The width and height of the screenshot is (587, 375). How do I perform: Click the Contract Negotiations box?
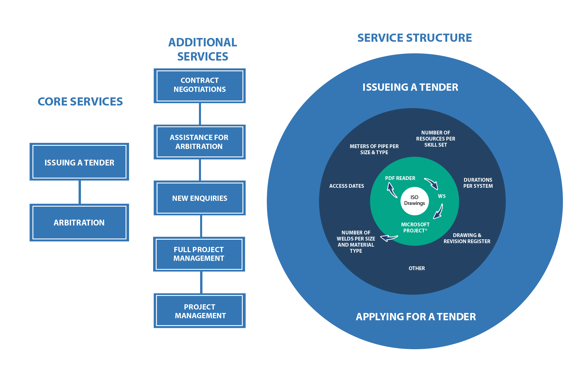click(200, 85)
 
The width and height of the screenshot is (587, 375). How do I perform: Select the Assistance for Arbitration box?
click(200, 142)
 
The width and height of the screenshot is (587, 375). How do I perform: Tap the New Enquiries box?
click(200, 198)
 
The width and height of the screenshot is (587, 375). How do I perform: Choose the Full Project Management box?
click(199, 254)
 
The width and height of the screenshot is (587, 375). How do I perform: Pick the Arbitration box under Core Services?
click(79, 223)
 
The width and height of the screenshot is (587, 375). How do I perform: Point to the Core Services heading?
click(80, 101)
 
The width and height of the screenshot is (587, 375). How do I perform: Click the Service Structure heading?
click(414, 38)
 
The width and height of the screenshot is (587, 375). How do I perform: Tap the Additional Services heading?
click(202, 49)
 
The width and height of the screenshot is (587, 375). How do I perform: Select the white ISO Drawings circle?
click(414, 201)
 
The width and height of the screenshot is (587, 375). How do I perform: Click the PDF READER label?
click(400, 178)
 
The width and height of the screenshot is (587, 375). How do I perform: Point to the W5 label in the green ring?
click(442, 196)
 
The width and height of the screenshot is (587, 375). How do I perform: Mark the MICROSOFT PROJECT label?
click(415, 227)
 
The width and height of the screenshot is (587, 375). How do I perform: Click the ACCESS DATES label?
click(347, 186)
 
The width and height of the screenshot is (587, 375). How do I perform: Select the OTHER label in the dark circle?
click(416, 268)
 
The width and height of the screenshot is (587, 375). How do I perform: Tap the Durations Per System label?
click(478, 183)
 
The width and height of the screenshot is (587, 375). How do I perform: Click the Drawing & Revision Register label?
click(467, 238)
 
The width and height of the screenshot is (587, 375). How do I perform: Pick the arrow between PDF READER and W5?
click(431, 183)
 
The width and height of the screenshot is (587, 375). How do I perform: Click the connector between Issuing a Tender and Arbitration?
click(79, 192)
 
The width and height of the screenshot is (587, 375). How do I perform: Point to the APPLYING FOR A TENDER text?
click(416, 317)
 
